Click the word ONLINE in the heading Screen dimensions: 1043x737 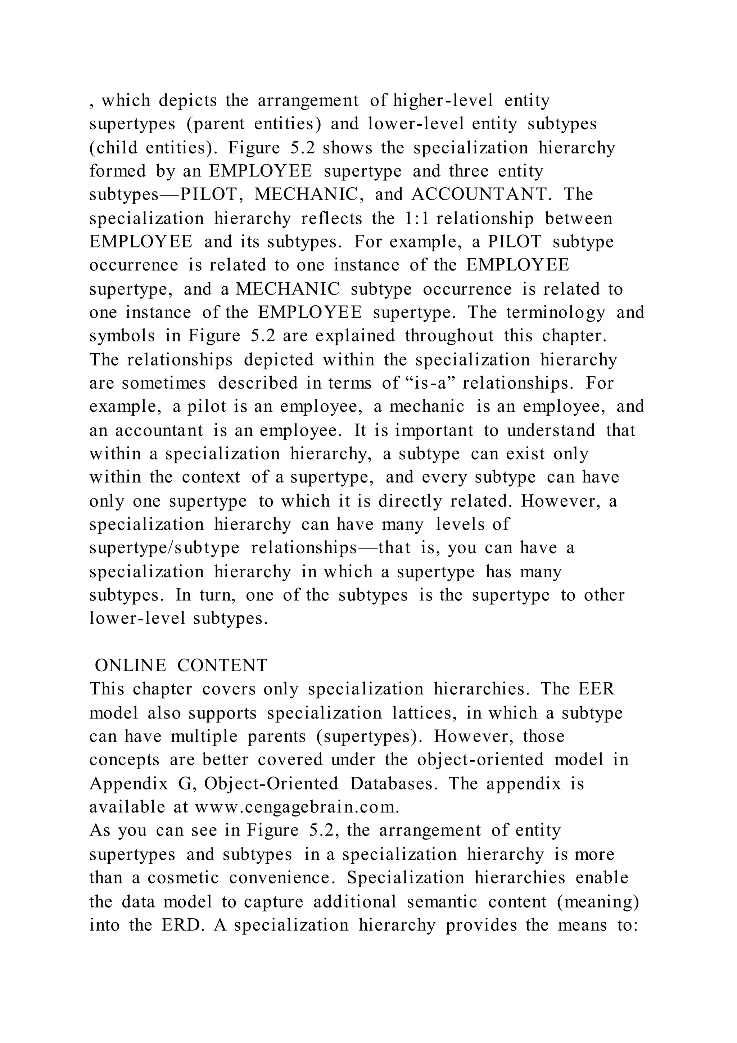[x=130, y=666]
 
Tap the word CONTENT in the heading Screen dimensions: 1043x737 [x=222, y=666]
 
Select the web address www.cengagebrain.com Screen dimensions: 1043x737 [x=297, y=807]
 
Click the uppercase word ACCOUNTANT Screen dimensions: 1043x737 [x=479, y=194]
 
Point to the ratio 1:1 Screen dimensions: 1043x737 [x=415, y=219]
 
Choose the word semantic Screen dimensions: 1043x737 [x=442, y=901]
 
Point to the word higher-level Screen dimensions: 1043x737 [x=443, y=100]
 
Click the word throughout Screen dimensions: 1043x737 [x=449, y=336]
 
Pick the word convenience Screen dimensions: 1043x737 [x=282, y=878]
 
